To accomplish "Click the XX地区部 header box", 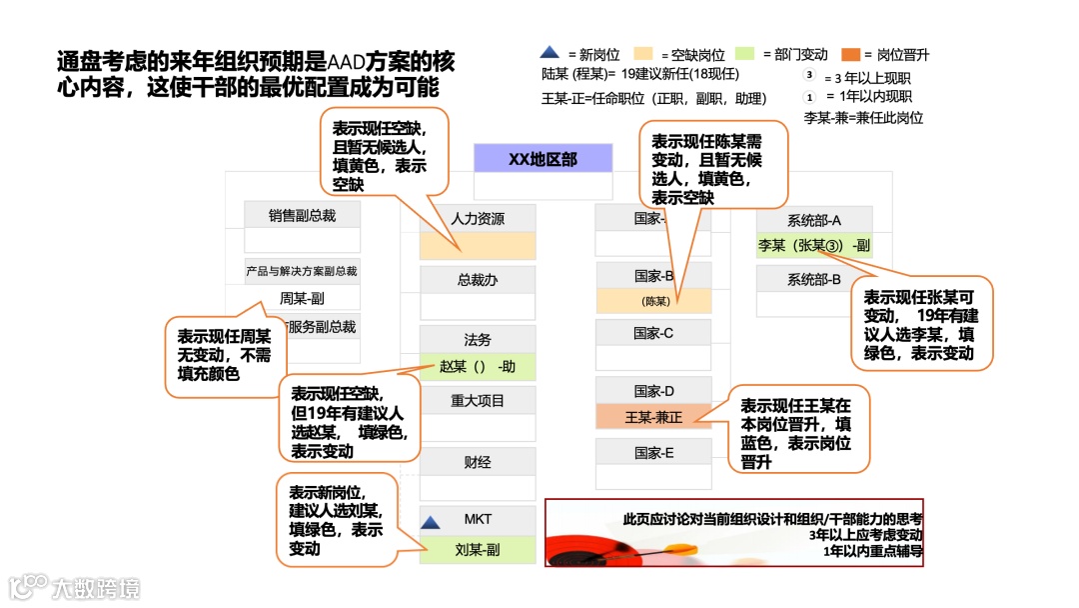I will pyautogui.click(x=542, y=159).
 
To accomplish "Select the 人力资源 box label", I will pyautogui.click(x=478, y=219).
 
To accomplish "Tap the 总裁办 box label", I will pyautogui.click(x=478, y=280).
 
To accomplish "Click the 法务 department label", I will pyautogui.click(x=478, y=340).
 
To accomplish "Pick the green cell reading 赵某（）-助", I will pyautogui.click(x=478, y=366).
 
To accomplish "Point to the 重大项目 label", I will pyautogui.click(x=478, y=401).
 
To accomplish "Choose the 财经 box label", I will pyautogui.click(x=478, y=462).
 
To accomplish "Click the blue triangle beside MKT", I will pyautogui.click(x=431, y=522).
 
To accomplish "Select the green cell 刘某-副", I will pyautogui.click(x=478, y=549).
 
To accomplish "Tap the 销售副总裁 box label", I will pyautogui.click(x=303, y=215).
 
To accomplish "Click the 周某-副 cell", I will pyautogui.click(x=302, y=298).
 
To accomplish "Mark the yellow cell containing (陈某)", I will pyautogui.click(x=654, y=301).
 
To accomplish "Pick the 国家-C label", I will pyautogui.click(x=654, y=333).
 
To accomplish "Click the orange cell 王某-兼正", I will pyautogui.click(x=654, y=417).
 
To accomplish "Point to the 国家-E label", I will pyautogui.click(x=654, y=453).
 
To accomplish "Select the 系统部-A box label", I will pyautogui.click(x=814, y=220).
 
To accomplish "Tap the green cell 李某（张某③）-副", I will pyautogui.click(x=814, y=245).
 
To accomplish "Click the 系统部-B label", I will pyautogui.click(x=814, y=279).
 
